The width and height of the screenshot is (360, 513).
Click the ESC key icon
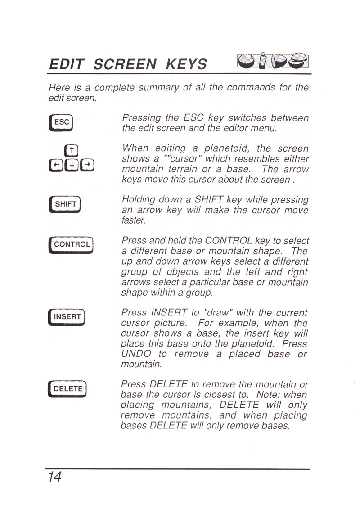click(x=61, y=123)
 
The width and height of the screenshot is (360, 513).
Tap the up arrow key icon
click(x=72, y=151)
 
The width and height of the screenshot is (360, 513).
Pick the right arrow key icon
click(x=87, y=165)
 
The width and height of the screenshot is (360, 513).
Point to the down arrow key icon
click(x=72, y=165)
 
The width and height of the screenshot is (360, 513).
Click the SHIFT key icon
click(x=65, y=204)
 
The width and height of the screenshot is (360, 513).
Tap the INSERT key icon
click(x=67, y=317)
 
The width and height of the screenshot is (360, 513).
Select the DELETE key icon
click(x=67, y=389)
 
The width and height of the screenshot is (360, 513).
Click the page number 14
click(x=54, y=477)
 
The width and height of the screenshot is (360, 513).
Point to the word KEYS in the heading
click(x=187, y=64)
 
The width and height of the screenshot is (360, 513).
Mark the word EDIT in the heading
click(x=67, y=64)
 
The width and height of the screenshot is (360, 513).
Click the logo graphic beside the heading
click(x=273, y=61)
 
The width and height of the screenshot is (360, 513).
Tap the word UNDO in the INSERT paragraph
click(x=136, y=354)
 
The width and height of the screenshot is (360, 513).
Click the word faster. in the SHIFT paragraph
click(x=134, y=220)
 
